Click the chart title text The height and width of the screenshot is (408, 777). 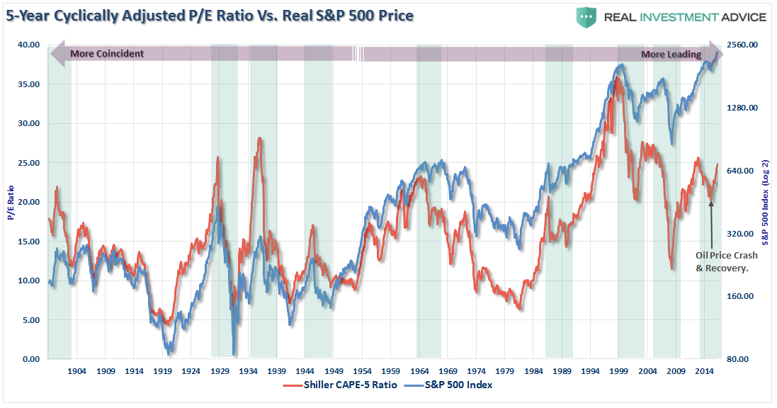209,15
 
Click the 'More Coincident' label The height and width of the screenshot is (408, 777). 107,54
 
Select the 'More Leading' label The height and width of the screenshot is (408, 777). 671,55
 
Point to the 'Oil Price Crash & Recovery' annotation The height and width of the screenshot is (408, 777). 726,261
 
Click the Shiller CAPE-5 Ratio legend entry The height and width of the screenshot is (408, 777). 339,385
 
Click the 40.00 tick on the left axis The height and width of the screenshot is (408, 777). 30,45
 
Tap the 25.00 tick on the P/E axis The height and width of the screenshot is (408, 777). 30,163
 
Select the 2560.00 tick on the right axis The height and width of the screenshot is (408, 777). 742,45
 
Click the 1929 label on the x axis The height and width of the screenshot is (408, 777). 220,370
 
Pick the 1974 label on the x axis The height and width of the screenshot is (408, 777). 477,370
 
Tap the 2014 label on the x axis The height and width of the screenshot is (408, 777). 704,370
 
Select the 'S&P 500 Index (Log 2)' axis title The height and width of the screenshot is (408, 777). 767,202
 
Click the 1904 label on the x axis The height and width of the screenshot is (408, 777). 77,370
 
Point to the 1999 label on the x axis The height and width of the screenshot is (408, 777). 619,370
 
